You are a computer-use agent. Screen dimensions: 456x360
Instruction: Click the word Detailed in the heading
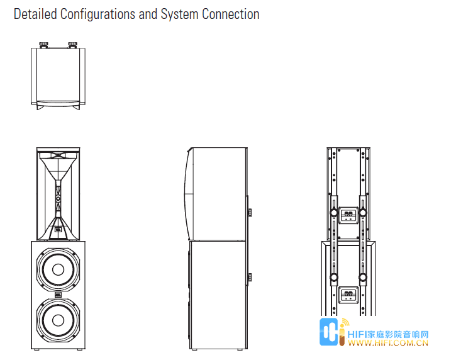(35, 14)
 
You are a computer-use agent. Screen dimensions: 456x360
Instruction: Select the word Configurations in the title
(97, 14)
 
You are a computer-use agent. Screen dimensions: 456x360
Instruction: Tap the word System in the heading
(179, 14)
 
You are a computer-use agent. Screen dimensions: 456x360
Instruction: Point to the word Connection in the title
(231, 14)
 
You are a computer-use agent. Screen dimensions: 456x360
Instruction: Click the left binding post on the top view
(43, 45)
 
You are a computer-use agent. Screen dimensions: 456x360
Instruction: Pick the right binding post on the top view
(73, 45)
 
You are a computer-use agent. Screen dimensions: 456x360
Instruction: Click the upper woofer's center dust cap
(58, 270)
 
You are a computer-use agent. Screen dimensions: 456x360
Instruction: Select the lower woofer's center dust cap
(58, 320)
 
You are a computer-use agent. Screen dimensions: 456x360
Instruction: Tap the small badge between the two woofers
(58, 295)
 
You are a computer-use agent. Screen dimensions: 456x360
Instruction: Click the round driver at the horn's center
(58, 198)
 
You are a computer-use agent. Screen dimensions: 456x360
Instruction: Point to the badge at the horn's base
(58, 230)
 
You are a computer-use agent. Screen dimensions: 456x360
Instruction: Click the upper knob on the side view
(250, 213)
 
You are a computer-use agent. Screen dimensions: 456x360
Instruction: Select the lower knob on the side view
(250, 278)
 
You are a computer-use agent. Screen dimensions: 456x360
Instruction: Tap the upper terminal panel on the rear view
(348, 215)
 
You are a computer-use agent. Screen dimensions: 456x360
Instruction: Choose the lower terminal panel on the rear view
(348, 295)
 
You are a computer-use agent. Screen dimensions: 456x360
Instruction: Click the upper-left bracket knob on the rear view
(334, 213)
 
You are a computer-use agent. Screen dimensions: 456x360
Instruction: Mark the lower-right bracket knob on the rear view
(363, 278)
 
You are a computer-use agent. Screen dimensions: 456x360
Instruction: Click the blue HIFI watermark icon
(329, 332)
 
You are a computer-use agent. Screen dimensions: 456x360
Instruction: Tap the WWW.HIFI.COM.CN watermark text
(388, 343)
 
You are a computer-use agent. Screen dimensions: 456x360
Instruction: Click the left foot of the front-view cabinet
(36, 349)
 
